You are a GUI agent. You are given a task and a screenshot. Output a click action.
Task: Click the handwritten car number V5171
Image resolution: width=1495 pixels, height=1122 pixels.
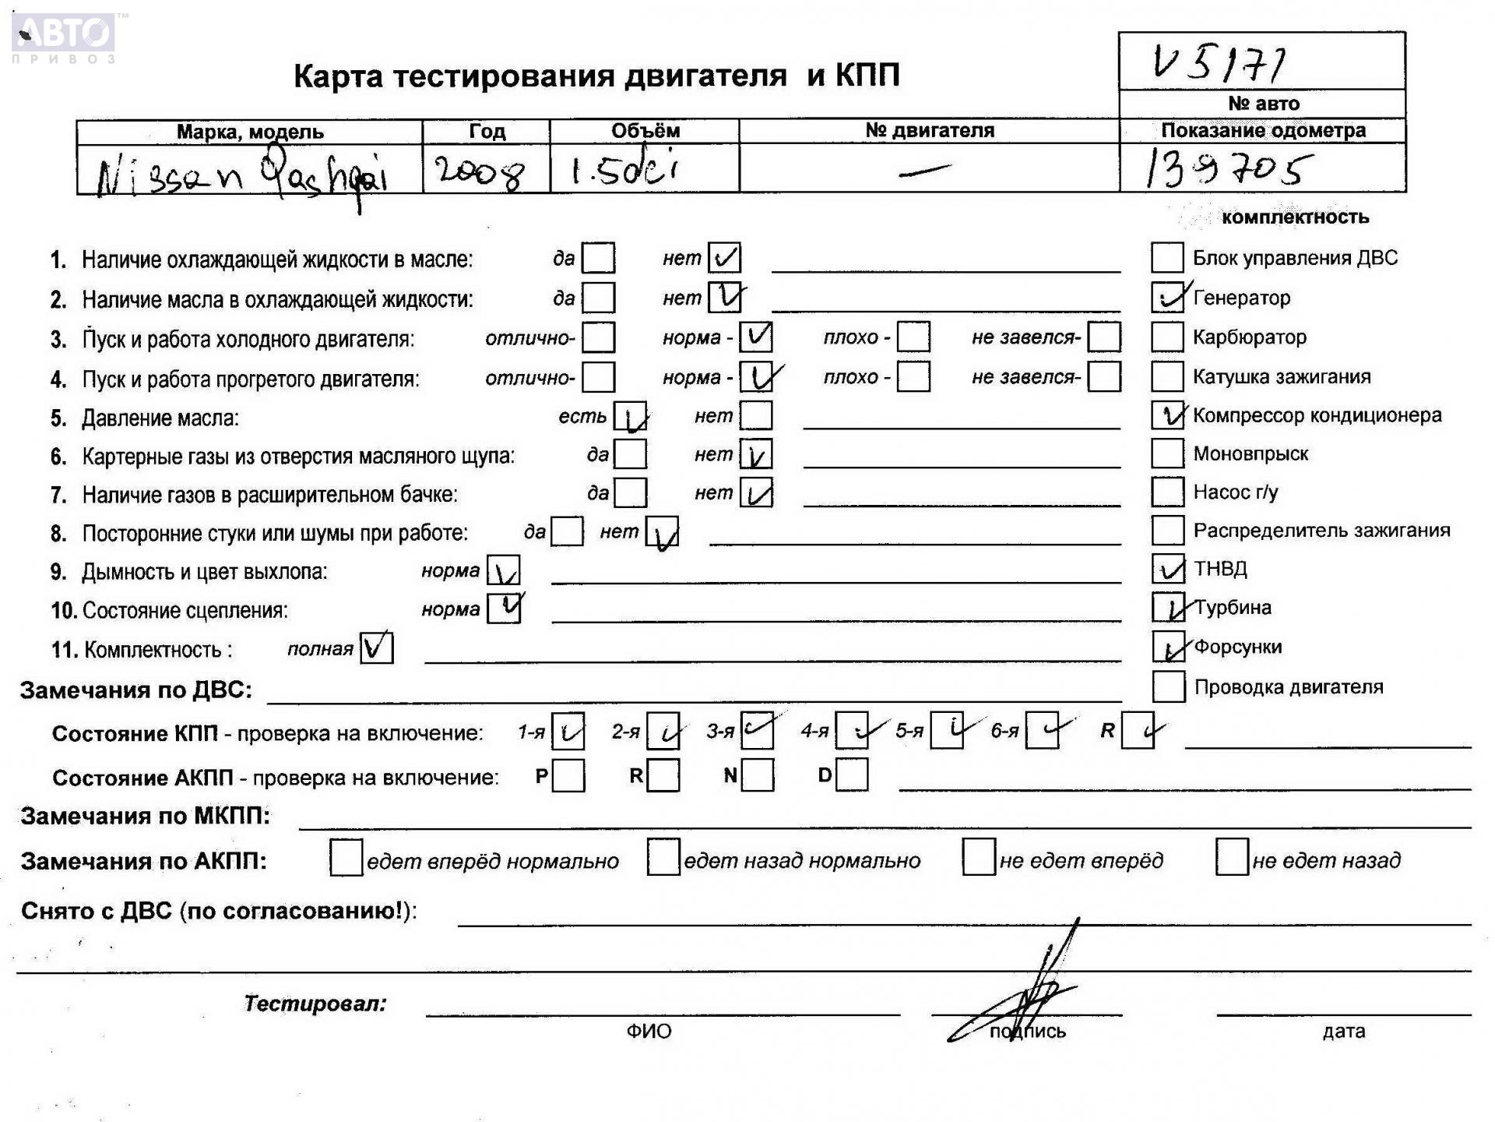pyautogui.click(x=1218, y=62)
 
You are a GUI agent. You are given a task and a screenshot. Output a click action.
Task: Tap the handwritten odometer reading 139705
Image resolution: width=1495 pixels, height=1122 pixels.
pyautogui.click(x=1229, y=169)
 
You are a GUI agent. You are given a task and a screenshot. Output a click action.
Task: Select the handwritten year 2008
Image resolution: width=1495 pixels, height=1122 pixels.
pyautogui.click(x=479, y=171)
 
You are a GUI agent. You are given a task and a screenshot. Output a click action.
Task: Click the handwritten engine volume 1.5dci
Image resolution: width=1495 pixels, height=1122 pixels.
pyautogui.click(x=624, y=171)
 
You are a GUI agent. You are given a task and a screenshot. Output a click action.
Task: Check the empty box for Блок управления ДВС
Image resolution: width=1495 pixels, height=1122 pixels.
pyautogui.click(x=1166, y=258)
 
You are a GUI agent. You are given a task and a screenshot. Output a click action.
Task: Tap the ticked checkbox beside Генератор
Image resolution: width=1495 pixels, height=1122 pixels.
pyautogui.click(x=1167, y=298)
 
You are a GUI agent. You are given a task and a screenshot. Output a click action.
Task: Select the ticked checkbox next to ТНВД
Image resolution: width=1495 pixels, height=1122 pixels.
pyautogui.click(x=1167, y=569)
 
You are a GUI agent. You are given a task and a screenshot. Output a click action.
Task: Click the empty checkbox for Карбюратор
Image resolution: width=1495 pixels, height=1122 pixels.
pyautogui.click(x=1166, y=337)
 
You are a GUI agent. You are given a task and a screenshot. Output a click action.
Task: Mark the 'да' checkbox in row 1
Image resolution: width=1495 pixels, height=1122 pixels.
pyautogui.click(x=598, y=258)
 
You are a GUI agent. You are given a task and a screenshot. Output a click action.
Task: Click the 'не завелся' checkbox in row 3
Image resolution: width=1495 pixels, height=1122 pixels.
pyautogui.click(x=1103, y=337)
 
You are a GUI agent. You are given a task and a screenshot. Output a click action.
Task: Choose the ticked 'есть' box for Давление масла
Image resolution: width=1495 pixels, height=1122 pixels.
pyautogui.click(x=630, y=417)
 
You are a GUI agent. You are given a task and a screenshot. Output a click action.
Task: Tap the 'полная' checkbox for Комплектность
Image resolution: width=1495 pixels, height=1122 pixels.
pyautogui.click(x=376, y=648)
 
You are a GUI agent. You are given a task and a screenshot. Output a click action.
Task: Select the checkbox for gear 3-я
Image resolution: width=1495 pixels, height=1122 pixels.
pyautogui.click(x=757, y=731)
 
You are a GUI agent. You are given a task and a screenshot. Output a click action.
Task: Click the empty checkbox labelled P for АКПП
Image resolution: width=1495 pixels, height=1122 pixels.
pyautogui.click(x=568, y=776)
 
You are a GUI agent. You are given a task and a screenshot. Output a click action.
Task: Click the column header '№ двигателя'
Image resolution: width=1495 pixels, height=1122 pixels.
pyautogui.click(x=929, y=131)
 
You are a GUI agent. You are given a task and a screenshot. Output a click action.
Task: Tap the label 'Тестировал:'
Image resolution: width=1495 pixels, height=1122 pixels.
pyautogui.click(x=315, y=1004)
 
